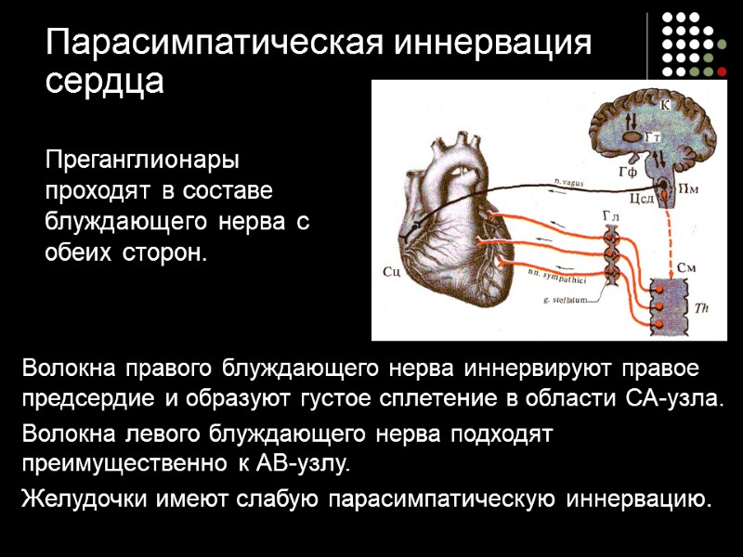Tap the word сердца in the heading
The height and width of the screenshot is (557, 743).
(104, 83)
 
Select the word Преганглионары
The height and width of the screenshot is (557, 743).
(142, 160)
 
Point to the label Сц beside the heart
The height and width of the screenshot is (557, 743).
(391, 272)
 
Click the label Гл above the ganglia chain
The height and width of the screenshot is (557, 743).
(609, 215)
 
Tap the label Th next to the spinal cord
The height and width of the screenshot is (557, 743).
(689, 306)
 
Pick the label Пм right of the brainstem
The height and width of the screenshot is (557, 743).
(688, 188)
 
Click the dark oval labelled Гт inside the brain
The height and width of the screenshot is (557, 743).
(632, 137)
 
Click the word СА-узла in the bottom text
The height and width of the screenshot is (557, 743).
(672, 399)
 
